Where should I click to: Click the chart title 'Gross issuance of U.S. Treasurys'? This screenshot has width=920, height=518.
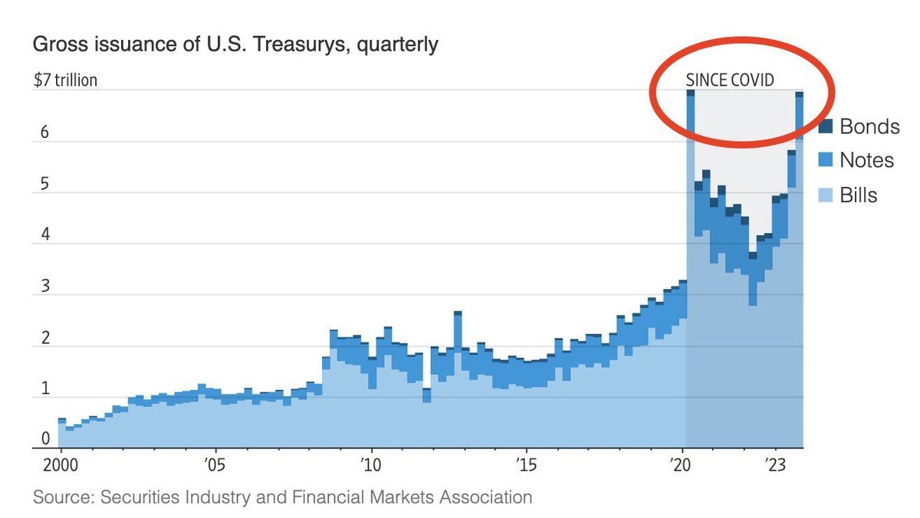(x=235, y=44)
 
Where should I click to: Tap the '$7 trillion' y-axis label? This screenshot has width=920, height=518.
(x=64, y=80)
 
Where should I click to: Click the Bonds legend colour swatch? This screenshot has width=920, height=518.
(x=826, y=126)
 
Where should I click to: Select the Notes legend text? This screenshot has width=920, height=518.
(x=866, y=160)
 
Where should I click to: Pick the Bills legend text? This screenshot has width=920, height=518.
(x=859, y=195)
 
